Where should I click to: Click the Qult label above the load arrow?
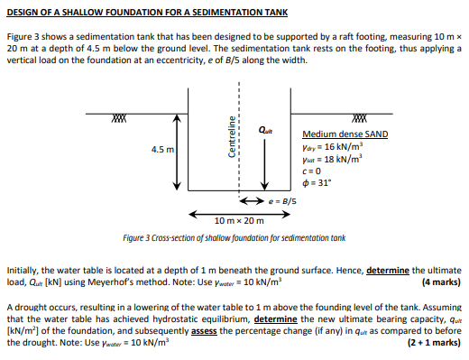tap(267, 127)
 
